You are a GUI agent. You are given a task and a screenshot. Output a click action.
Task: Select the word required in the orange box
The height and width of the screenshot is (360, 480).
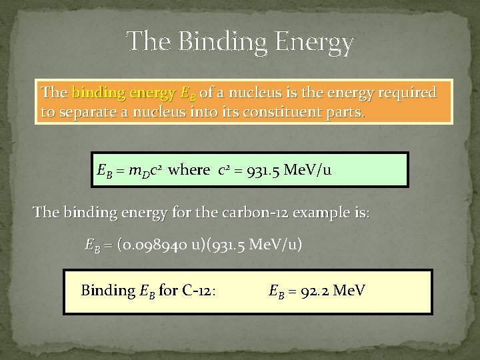pos(406,92)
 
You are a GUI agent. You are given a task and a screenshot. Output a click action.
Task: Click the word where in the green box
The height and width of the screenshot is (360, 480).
pos(189,170)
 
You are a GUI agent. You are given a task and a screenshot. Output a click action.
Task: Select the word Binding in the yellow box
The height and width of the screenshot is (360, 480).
pos(108,291)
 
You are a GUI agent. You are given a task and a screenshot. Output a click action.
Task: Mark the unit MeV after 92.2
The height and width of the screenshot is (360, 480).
pos(349,291)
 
